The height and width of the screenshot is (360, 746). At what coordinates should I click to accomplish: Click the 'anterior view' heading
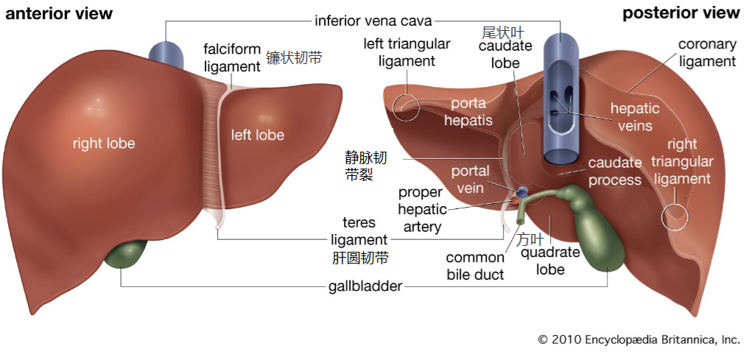(x=58, y=13)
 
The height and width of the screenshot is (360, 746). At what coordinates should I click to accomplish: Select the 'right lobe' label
(x=104, y=143)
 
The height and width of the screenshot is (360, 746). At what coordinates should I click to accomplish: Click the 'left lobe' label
(x=258, y=135)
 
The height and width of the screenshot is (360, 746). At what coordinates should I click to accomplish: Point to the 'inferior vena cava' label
(x=373, y=21)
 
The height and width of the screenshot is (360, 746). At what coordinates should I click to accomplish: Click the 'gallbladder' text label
(x=365, y=286)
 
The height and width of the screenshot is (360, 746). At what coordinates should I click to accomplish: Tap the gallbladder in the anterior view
(x=127, y=255)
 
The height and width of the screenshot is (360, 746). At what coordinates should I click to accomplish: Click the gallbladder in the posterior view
(x=594, y=228)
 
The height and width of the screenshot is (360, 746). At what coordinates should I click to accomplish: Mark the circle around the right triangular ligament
(x=662, y=217)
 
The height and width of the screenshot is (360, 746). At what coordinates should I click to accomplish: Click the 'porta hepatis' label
(x=468, y=112)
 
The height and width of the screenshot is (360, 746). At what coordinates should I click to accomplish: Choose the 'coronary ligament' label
(x=707, y=53)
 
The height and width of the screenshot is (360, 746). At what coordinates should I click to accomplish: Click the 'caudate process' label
(x=615, y=172)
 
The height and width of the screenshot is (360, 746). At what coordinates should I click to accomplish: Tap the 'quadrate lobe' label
(x=550, y=261)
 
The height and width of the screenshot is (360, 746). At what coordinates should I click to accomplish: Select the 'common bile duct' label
(x=475, y=266)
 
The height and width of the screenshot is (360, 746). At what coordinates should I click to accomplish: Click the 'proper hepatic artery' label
(x=423, y=210)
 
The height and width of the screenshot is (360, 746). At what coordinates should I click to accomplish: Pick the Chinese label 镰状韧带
(x=294, y=57)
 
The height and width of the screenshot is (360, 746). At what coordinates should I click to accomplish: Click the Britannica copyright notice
(x=639, y=339)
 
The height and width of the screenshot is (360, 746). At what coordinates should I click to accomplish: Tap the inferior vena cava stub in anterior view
(x=166, y=56)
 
